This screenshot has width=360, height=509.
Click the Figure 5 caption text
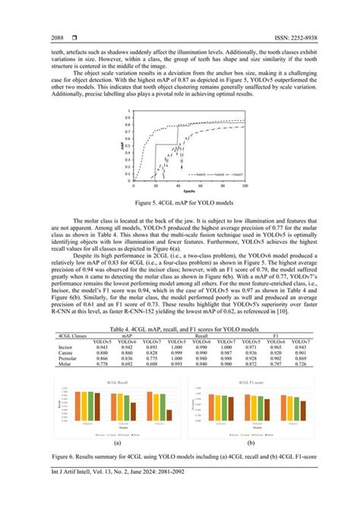180,204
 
